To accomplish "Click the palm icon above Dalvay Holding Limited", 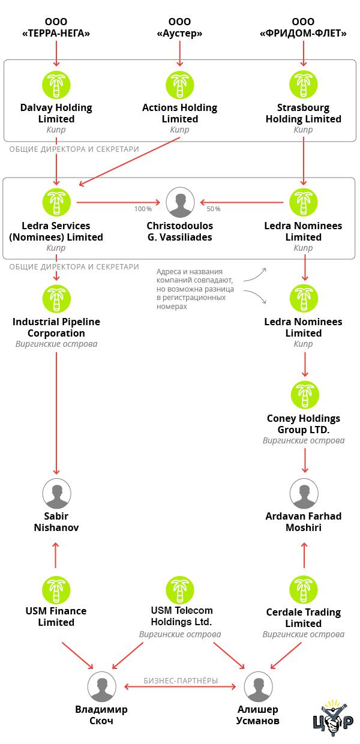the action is click(56, 85).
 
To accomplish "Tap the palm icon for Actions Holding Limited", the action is click(179, 85).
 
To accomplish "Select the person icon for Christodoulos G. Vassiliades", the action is click(181, 202).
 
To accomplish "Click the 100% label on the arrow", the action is click(143, 209).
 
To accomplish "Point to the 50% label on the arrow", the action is click(214, 209).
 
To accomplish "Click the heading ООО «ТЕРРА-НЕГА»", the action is click(56, 28).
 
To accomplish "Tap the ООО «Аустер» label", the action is click(179, 28).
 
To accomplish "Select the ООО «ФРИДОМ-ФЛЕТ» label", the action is click(303, 28).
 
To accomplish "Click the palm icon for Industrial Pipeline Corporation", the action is click(56, 298).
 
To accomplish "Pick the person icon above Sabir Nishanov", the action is click(57, 494).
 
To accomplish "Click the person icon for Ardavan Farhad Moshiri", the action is click(304, 494).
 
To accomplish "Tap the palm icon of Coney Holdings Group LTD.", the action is click(305, 395).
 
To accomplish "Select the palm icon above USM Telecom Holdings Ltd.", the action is click(180, 590).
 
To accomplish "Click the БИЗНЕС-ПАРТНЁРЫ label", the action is click(181, 680).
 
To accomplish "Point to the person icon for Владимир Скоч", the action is click(102, 686).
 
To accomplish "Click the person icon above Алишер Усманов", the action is click(259, 686).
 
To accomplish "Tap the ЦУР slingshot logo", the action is click(333, 718).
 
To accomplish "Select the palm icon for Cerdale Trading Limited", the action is click(303, 590).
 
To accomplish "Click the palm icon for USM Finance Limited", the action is click(56, 590).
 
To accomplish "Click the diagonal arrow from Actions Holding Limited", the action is click(129, 162).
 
